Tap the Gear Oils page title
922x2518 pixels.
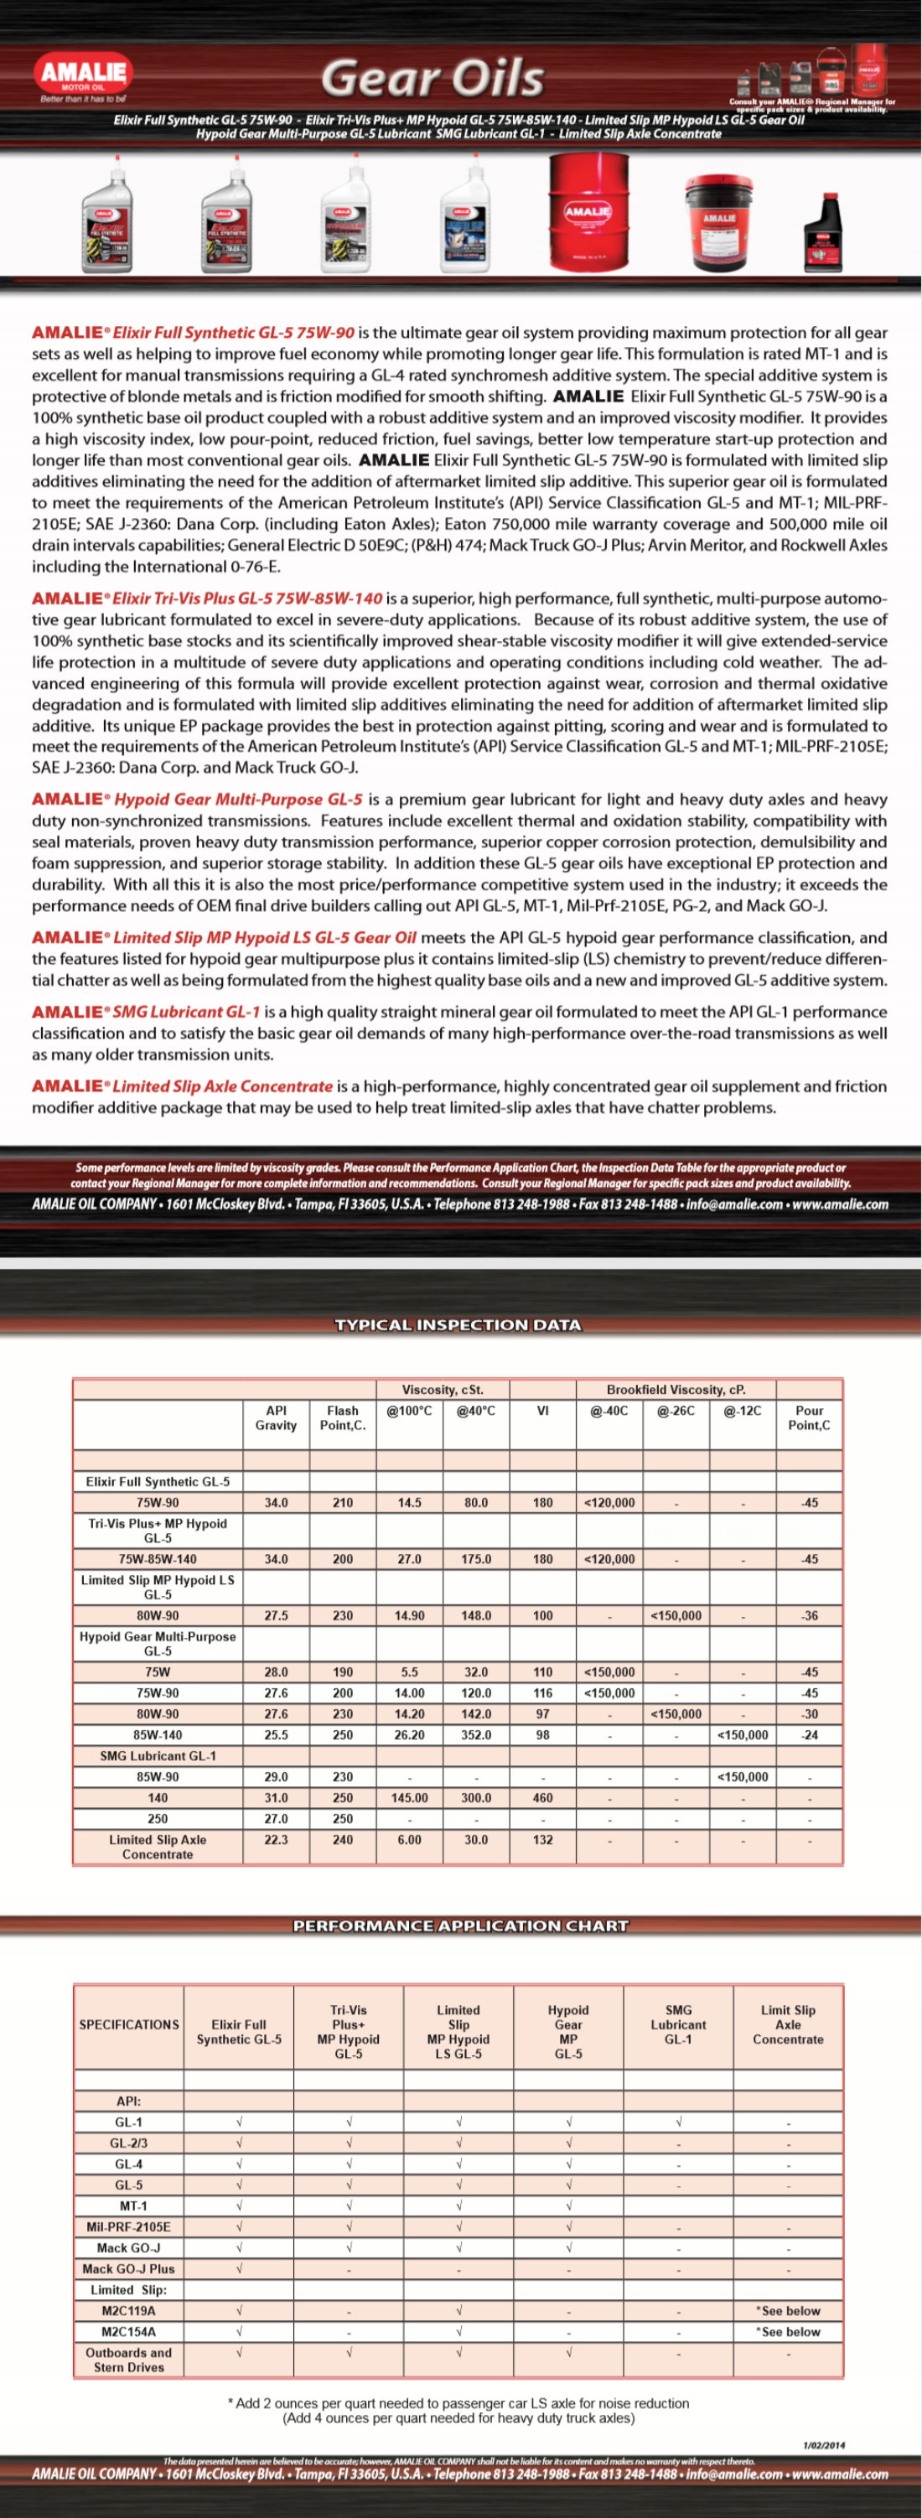pos(433,78)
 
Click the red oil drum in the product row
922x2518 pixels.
pos(588,211)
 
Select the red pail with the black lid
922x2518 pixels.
pos(718,223)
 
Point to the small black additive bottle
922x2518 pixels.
pos(822,235)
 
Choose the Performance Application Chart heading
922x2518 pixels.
pos(460,1925)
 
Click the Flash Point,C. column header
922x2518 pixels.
pos(342,1417)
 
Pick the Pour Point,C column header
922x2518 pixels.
pos(809,1417)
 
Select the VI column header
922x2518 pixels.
pos(542,1411)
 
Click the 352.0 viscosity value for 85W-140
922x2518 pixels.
pos(475,1735)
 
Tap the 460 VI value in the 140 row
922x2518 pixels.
pos(542,1798)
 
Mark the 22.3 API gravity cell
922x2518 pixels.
pos(276,1840)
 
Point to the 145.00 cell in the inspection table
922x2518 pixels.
pos(409,1798)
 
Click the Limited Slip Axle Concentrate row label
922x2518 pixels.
pos(158,1847)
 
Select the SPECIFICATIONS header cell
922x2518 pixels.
pos(129,2024)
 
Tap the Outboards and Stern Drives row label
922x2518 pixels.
pos(128,2360)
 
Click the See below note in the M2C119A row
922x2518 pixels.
pos(788,2311)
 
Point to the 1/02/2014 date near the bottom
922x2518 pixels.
pos(823,2446)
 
